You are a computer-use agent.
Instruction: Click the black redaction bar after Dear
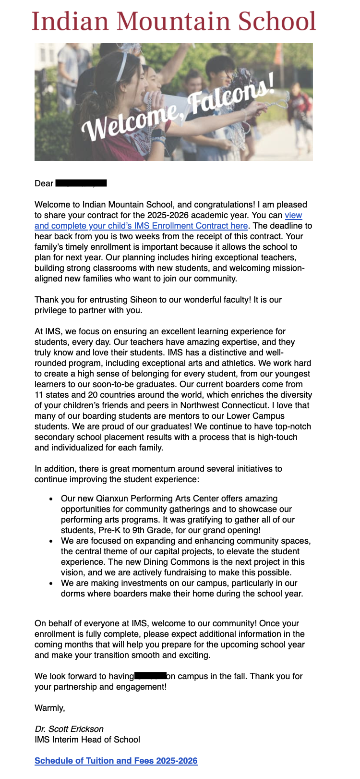(x=81, y=183)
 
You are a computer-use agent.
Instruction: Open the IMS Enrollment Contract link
(x=141, y=226)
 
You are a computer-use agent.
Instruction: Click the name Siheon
(x=143, y=300)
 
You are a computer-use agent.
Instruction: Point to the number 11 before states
(x=39, y=395)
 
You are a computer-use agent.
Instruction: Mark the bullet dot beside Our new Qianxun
(x=51, y=499)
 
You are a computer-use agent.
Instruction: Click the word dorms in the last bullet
(x=72, y=594)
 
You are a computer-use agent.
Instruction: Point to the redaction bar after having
(x=150, y=676)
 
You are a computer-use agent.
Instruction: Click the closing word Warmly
(x=49, y=708)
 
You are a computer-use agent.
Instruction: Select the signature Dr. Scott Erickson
(x=69, y=729)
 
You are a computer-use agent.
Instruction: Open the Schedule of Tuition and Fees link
(x=116, y=761)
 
